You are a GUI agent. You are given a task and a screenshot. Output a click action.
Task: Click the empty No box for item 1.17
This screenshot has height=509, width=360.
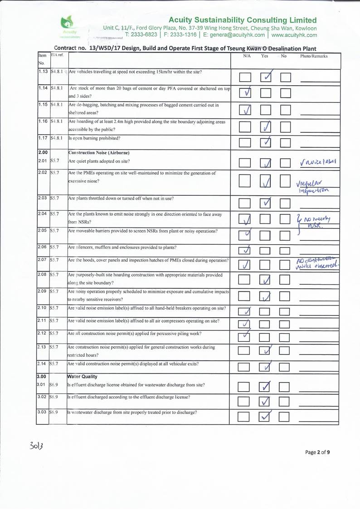click(x=285, y=143)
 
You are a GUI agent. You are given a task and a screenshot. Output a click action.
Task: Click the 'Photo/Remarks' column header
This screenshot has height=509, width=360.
click(x=314, y=56)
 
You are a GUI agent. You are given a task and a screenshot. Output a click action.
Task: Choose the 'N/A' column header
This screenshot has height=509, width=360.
click(x=247, y=56)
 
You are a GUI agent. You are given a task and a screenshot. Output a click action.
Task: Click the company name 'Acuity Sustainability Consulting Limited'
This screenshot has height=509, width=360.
click(x=242, y=20)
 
